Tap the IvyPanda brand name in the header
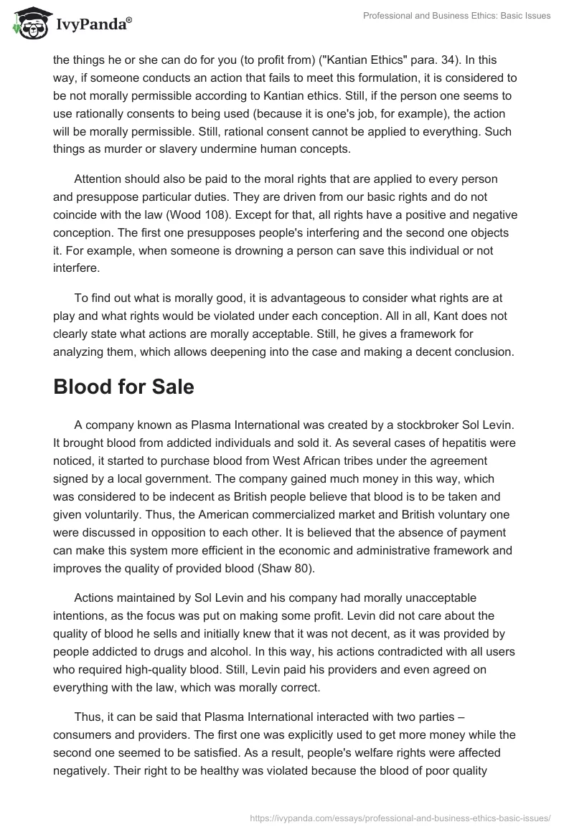tap(93, 25)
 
